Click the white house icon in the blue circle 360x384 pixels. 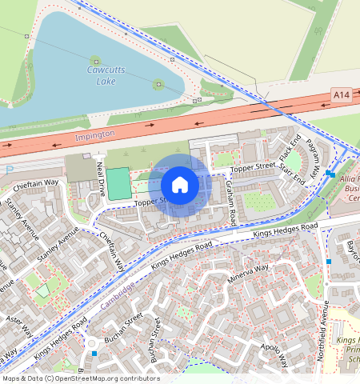pos(180,185)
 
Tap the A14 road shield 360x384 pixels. pos(342,95)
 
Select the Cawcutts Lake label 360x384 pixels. pos(101,75)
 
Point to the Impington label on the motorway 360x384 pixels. pos(95,134)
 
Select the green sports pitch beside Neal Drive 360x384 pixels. pos(118,184)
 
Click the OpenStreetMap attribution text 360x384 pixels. pos(81,378)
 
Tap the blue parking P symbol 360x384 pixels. pos(9,170)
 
